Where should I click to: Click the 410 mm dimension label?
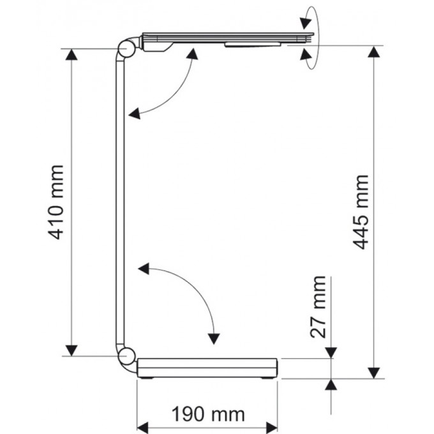click(56, 202)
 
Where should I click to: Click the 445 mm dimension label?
click(361, 212)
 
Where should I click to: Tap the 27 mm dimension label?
click(318, 307)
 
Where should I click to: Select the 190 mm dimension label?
click(208, 414)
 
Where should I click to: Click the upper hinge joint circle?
click(126, 49)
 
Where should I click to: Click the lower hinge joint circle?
click(126, 356)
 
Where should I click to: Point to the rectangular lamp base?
click(207, 368)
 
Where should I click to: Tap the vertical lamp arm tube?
click(120, 202)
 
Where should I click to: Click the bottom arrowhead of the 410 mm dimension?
click(71, 350)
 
